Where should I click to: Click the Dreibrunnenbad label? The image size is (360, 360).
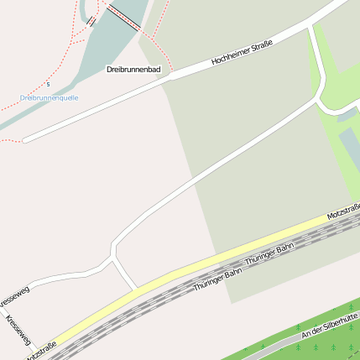[x=133, y=70]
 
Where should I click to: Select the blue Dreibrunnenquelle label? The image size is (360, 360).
[x=49, y=97]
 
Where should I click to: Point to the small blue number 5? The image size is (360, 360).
[x=49, y=84]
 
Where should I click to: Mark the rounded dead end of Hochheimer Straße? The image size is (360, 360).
[x=27, y=139]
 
